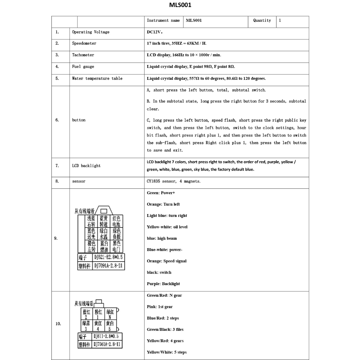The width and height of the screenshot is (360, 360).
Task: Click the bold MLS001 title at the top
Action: [180, 5]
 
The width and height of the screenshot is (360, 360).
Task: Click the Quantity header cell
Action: [262, 21]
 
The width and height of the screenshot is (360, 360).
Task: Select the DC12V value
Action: [155, 32]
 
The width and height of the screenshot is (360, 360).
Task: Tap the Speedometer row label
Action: [84, 44]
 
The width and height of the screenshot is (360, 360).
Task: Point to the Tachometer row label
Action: [83, 55]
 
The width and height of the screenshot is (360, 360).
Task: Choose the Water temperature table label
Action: [97, 79]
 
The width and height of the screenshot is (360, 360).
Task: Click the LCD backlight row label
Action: [86, 166]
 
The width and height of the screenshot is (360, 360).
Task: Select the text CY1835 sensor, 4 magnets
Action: [174, 181]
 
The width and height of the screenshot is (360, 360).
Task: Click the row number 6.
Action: [57, 120]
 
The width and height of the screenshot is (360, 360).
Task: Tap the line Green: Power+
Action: [161, 193]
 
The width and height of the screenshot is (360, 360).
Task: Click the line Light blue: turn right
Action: [167, 216]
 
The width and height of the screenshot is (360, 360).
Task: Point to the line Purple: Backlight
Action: [163, 284]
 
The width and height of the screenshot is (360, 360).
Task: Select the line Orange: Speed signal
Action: [166, 261]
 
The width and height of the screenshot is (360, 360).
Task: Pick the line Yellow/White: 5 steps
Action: [166, 352]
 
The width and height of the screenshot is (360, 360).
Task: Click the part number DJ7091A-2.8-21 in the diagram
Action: [108, 266]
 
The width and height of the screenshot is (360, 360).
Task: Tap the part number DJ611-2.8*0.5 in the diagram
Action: [106, 336]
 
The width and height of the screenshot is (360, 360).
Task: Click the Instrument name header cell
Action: [163, 21]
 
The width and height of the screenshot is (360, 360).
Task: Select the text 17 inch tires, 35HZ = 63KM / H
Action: [176, 44]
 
